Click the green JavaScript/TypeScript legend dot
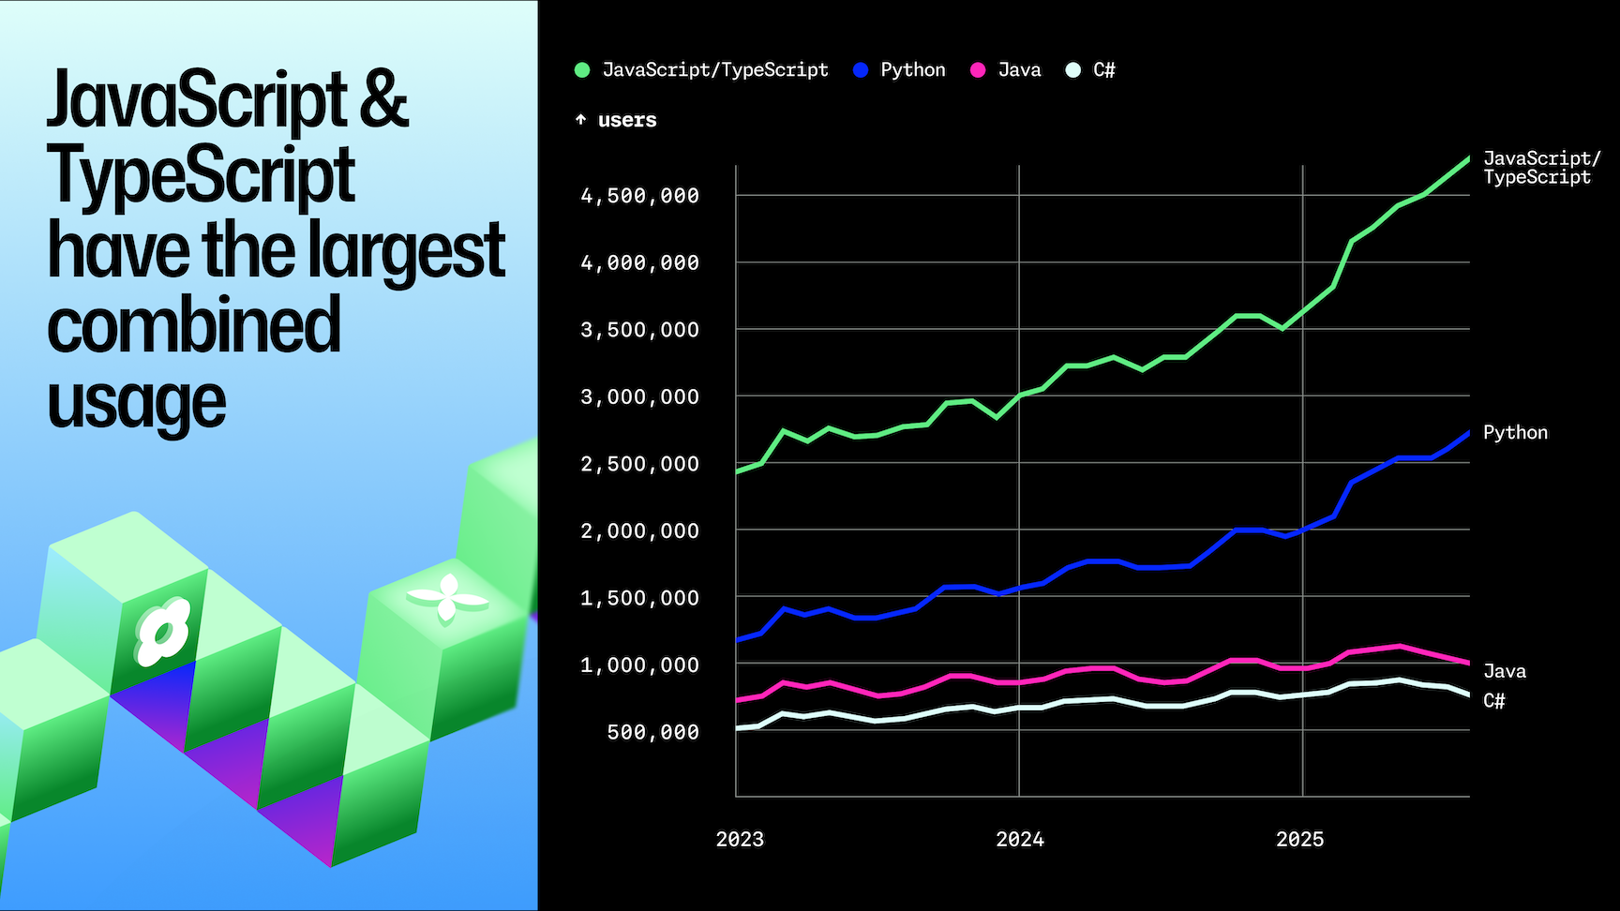tap(582, 70)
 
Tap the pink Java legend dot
tap(978, 70)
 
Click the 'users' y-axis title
tap(626, 120)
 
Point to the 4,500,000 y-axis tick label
tap(639, 196)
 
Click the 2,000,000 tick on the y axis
tap(639, 531)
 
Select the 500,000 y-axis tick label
tap(652, 732)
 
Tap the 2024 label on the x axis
tap(1019, 840)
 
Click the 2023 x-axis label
tap(740, 840)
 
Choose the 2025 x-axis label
tap(1299, 840)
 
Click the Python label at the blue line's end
tap(1515, 433)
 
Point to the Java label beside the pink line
tap(1504, 671)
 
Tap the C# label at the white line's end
tap(1493, 701)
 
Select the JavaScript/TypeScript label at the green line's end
tap(1541, 168)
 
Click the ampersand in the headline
tap(383, 99)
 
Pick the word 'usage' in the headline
tap(137, 402)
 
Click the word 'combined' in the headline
tap(193, 325)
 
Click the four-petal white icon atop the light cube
tap(447, 598)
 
